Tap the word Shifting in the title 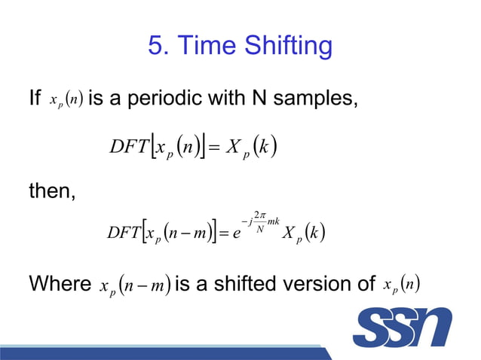pyautogui.click(x=287, y=46)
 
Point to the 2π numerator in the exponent pyautogui.click(x=260, y=215)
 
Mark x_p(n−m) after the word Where pyautogui.click(x=133, y=285)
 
